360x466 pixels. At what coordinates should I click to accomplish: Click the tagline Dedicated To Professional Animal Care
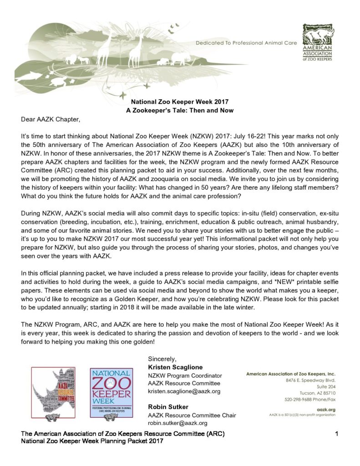pos(246,43)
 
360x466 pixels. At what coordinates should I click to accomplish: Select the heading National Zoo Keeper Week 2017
pos(180,102)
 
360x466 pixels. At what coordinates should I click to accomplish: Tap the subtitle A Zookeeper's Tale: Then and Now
pos(180,111)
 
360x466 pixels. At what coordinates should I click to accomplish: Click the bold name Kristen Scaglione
pos(175,367)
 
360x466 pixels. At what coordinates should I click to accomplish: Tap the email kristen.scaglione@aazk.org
pos(184,391)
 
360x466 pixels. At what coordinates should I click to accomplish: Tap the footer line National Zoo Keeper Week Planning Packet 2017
pos(92,441)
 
